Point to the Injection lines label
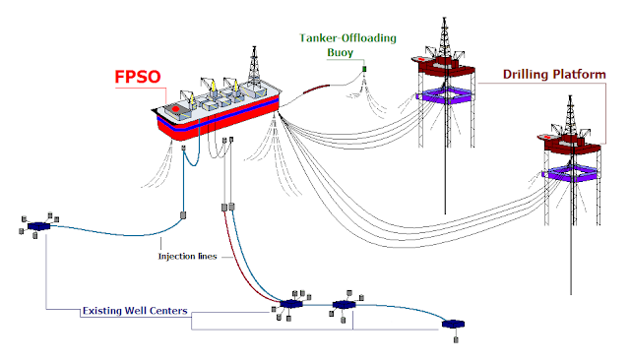(x=193, y=257)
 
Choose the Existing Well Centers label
(x=134, y=312)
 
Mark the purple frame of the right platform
(x=571, y=174)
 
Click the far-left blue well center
(x=39, y=226)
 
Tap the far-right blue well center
(x=455, y=324)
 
